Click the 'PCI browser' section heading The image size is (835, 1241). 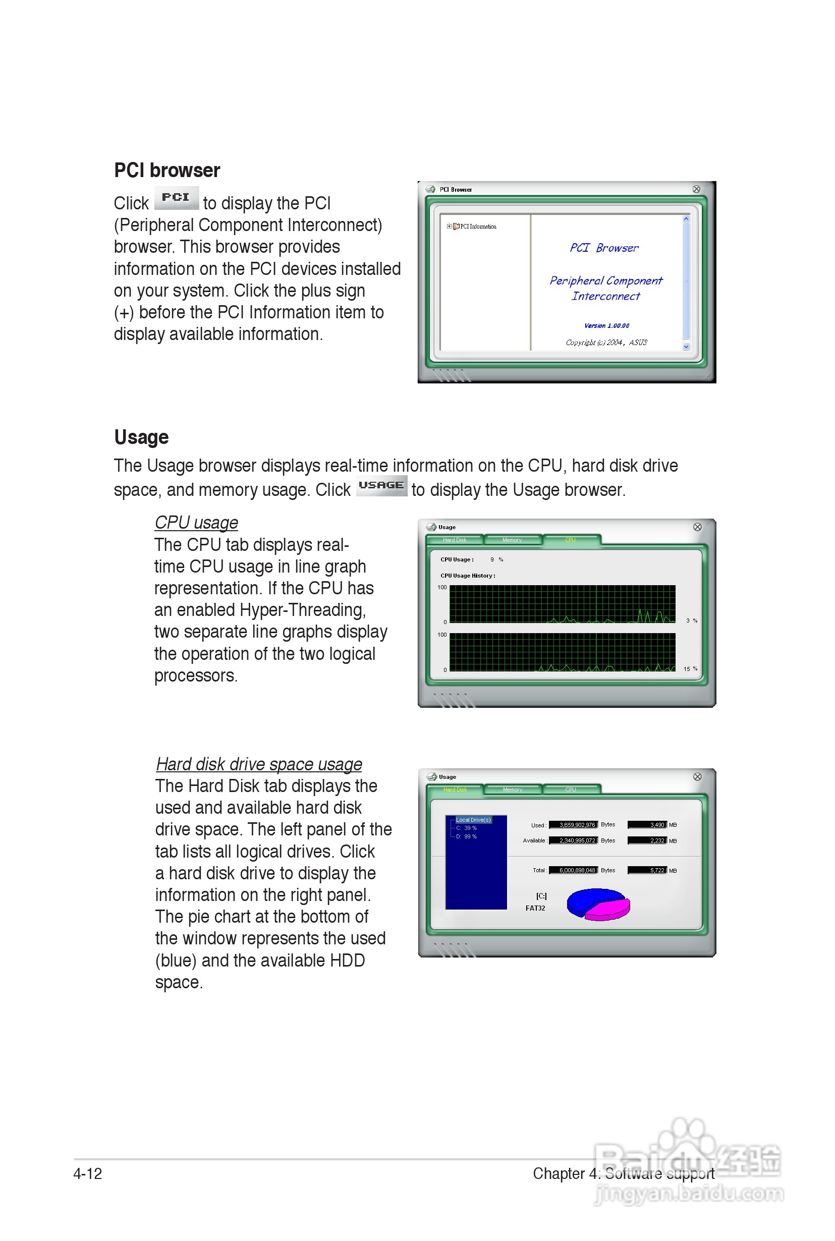166,171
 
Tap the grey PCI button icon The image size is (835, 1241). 176,198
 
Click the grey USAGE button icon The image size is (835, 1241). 381,485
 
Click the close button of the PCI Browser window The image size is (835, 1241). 696,190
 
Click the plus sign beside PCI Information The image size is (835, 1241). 449,227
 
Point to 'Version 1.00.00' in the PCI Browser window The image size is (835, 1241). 606,326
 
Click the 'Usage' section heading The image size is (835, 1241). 141,437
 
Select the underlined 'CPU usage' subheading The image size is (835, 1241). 196,523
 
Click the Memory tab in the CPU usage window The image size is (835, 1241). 512,540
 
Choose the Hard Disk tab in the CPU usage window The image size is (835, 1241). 454,540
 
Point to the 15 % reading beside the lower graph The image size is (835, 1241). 690,669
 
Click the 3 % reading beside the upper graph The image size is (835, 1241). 691,621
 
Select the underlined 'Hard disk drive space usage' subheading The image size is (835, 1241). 259,764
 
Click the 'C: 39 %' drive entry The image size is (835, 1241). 467,828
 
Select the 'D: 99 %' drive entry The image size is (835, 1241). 467,836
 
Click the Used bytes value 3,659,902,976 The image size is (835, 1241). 574,825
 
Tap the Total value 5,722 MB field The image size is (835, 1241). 647,870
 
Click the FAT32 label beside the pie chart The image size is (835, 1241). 535,908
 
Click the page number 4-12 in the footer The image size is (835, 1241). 88,1173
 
